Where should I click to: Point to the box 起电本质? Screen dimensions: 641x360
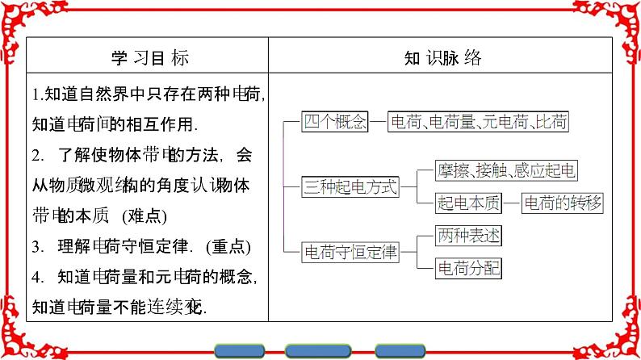pos(463,203)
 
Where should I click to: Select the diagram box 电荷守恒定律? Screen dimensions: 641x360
pos(350,252)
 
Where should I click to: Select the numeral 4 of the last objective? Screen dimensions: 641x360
pos(37,278)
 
